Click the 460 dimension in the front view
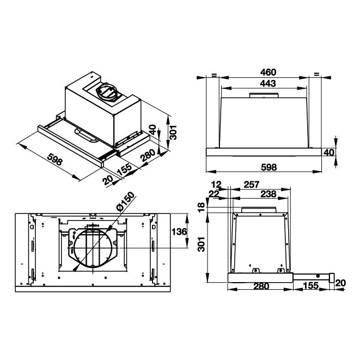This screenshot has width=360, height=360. coord(267,72)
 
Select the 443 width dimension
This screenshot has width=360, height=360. coord(267,83)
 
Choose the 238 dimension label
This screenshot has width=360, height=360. coord(267,194)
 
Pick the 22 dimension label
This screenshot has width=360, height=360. coord(214,194)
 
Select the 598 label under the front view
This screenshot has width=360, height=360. coord(267,167)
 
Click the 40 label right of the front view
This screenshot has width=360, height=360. coord(328,152)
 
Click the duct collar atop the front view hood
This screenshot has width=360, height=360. coord(264,96)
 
